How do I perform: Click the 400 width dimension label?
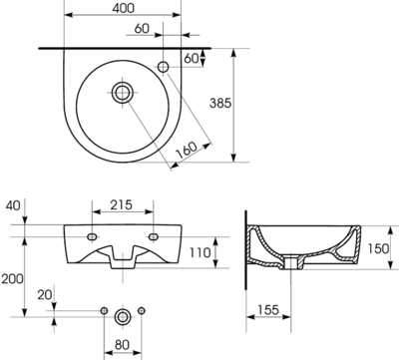click(124, 8)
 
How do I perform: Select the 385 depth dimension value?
click(220, 103)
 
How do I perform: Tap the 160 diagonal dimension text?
click(187, 151)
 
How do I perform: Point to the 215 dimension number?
click(122, 204)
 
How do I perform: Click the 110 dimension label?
click(199, 252)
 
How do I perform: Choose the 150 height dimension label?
click(378, 248)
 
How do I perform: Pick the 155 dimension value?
click(267, 310)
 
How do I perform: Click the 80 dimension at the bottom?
click(122, 345)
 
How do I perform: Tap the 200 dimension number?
click(12, 278)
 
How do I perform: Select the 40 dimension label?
click(13, 205)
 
